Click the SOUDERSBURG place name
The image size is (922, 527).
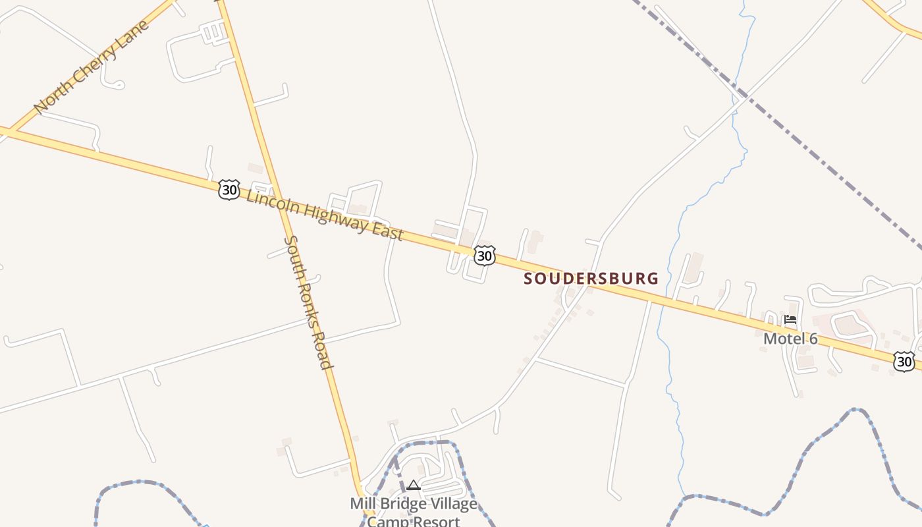coord(591,279)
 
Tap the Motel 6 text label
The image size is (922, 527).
coord(790,339)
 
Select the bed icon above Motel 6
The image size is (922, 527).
coord(790,320)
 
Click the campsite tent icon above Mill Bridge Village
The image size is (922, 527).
coord(414,485)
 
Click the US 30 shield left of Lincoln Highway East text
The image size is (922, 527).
coord(229,190)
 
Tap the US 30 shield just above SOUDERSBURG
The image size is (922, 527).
coord(484,256)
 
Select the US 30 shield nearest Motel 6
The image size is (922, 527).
coord(904,361)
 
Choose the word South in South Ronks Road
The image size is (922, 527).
coord(292,253)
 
